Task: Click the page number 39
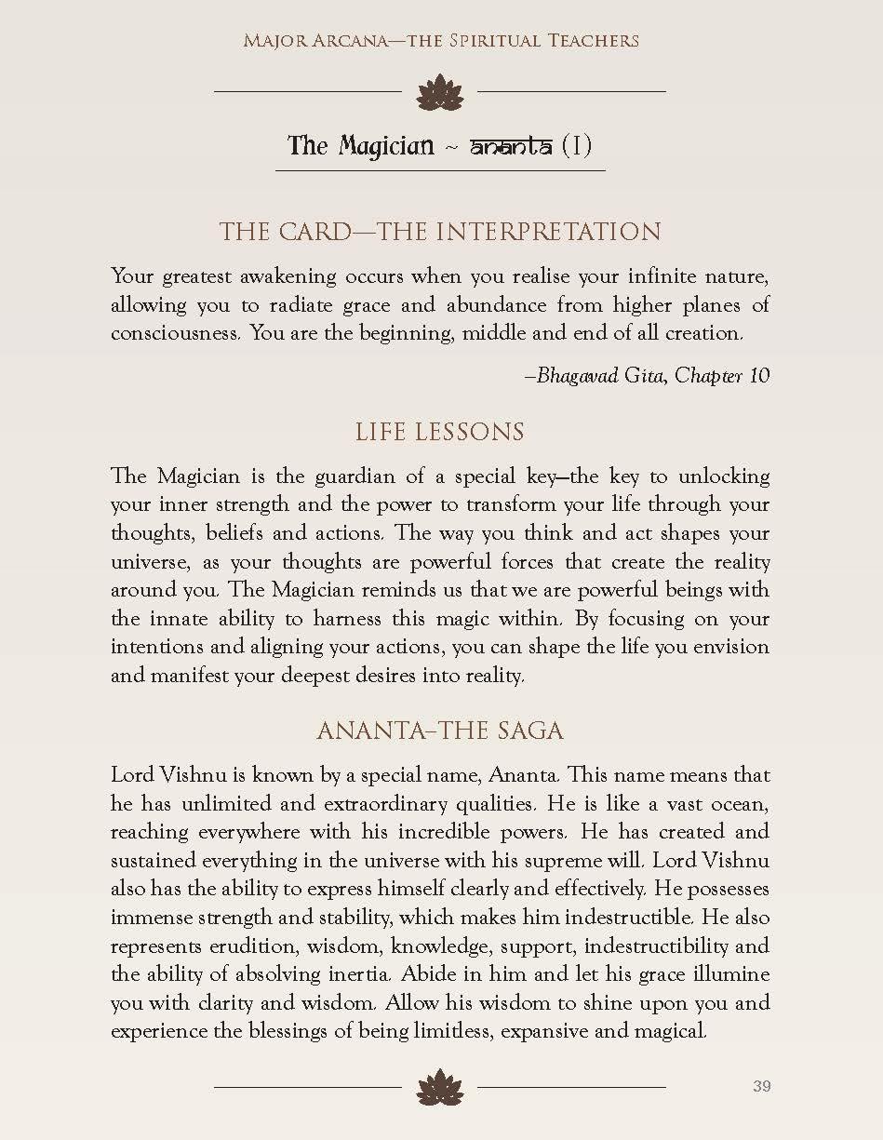tap(761, 1086)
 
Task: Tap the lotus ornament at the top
tap(440, 92)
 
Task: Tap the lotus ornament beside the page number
tap(440, 1086)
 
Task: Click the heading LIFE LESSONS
tap(440, 432)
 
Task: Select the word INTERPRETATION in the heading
tap(549, 232)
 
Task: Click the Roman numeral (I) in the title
tap(577, 146)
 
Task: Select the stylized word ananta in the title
tap(511, 146)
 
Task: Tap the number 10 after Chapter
tap(759, 375)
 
